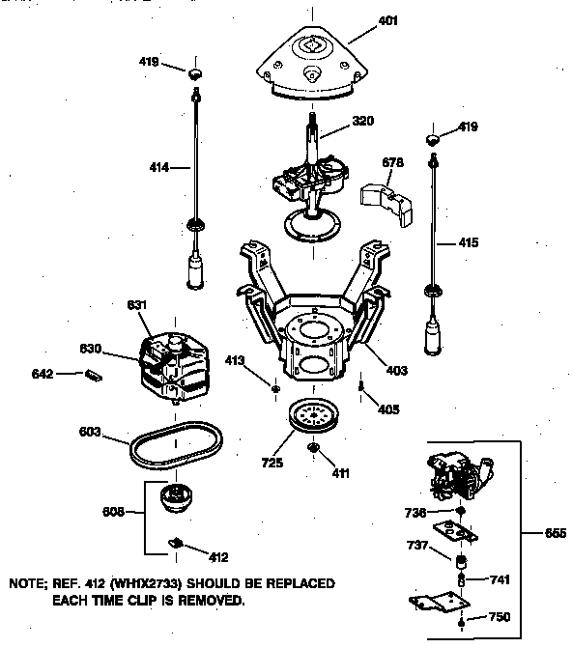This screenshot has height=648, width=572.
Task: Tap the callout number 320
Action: click(336, 121)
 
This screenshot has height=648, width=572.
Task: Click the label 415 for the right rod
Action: click(468, 242)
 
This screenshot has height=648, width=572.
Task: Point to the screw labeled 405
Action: click(361, 388)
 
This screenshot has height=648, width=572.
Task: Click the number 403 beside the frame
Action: click(396, 370)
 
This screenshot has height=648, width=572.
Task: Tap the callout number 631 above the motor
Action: click(138, 305)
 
